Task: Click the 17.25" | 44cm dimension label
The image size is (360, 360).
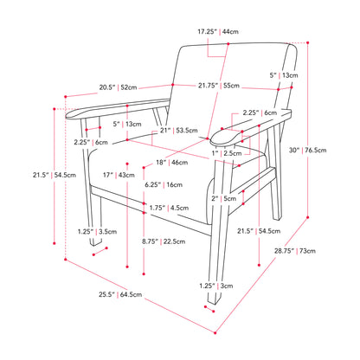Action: (x=218, y=31)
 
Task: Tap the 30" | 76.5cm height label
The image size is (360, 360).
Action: (x=308, y=150)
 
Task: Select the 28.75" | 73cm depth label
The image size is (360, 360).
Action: (x=295, y=251)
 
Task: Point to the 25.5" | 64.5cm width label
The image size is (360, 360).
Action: (x=120, y=294)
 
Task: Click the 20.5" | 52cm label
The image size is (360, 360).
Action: (x=118, y=87)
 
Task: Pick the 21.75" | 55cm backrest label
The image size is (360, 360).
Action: (x=219, y=86)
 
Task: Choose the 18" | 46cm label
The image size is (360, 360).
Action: (x=172, y=163)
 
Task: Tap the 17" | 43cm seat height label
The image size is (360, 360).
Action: (x=119, y=175)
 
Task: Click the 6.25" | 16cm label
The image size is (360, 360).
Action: (x=164, y=184)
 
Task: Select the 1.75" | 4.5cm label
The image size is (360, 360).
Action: (x=169, y=208)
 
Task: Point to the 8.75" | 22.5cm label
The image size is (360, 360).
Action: (x=164, y=241)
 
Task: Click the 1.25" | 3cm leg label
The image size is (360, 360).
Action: (x=216, y=286)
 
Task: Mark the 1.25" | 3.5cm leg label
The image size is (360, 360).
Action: (x=97, y=231)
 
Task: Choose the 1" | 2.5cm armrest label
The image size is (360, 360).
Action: (x=227, y=153)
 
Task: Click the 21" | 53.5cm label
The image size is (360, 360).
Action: (x=179, y=131)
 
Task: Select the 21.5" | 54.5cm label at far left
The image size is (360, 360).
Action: (x=55, y=175)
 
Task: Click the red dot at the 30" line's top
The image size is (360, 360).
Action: (x=308, y=42)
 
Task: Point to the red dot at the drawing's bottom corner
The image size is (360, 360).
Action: (x=215, y=333)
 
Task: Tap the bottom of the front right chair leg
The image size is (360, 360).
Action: (x=215, y=303)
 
